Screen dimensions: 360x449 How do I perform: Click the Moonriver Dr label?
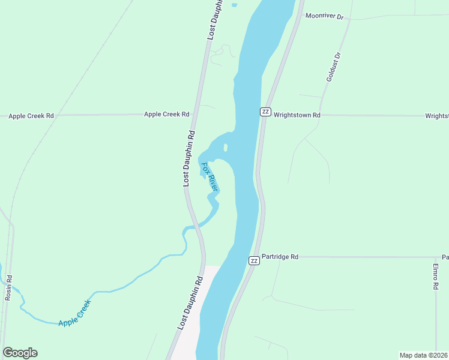coord(324,16)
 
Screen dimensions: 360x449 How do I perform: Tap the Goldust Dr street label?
coord(333,67)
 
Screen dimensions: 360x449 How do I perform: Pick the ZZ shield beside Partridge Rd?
coord(255,260)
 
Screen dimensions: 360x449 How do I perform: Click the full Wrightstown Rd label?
coord(297,115)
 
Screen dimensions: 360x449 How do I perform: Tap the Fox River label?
coord(209,176)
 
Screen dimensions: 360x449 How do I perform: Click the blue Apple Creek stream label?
coord(74,313)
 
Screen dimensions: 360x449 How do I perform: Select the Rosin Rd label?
coord(8,288)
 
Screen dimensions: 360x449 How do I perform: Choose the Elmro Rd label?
coord(436,277)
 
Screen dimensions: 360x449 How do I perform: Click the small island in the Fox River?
coord(225,148)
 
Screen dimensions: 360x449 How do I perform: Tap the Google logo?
coord(20,353)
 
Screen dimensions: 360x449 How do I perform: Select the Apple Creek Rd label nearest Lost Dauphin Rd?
coord(166,114)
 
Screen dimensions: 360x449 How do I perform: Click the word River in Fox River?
coord(212,183)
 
